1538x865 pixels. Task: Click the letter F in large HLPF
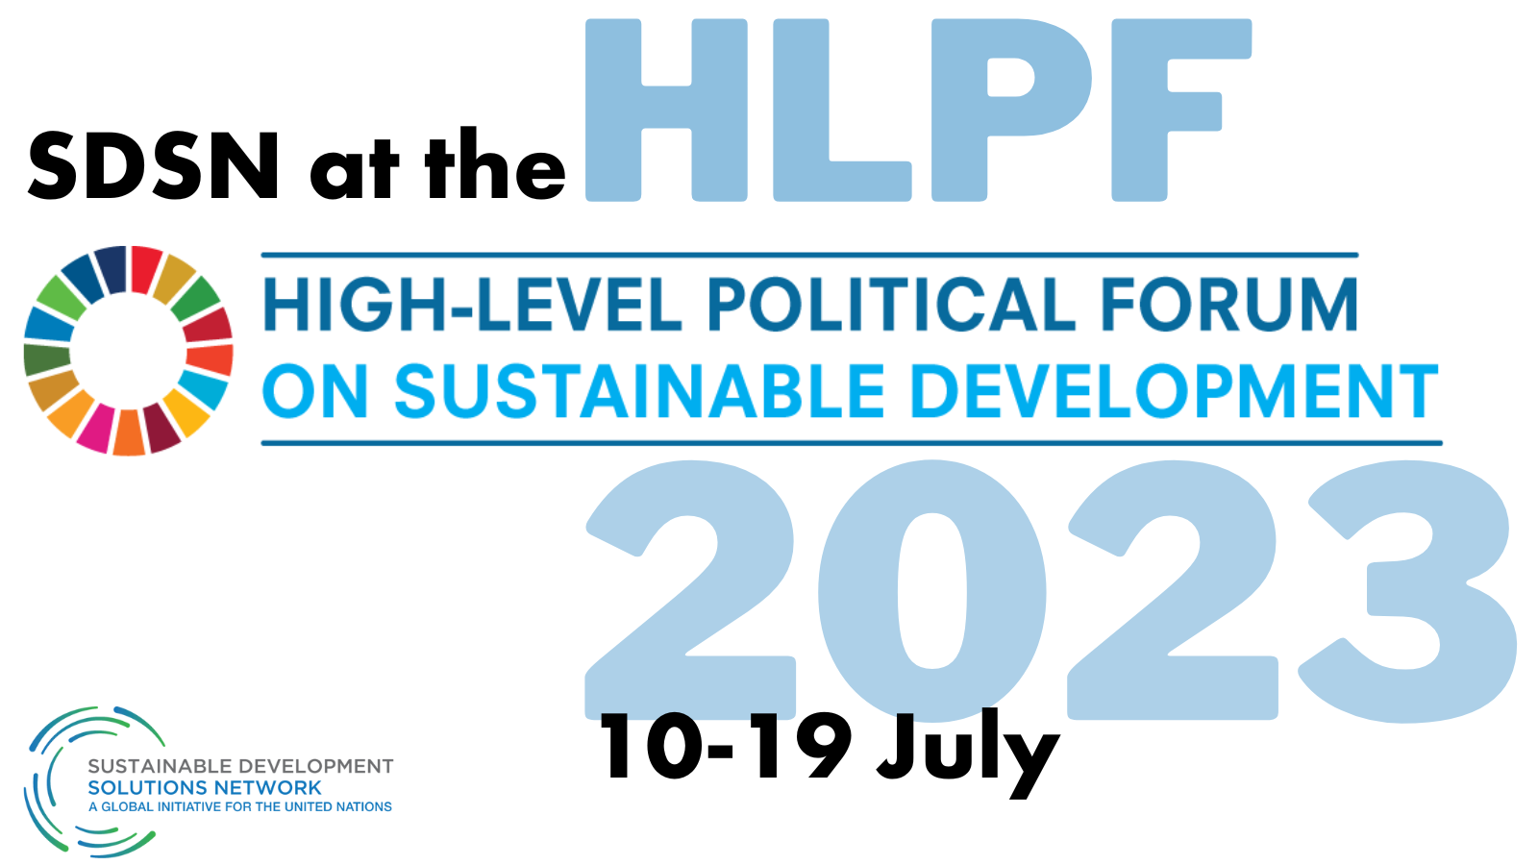[x=1181, y=110]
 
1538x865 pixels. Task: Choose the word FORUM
[x=1229, y=304]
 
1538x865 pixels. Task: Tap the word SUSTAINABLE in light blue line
[x=639, y=390]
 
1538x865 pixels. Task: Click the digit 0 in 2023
[x=931, y=592]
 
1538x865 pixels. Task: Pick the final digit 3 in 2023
[x=1407, y=592]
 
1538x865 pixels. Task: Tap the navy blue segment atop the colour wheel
[x=112, y=269]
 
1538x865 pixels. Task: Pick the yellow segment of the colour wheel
[x=186, y=412]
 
